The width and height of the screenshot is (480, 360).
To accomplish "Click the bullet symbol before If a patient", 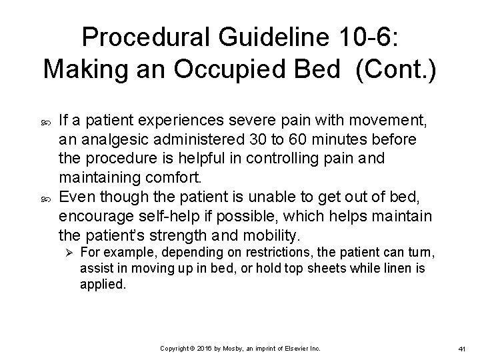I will [45, 121].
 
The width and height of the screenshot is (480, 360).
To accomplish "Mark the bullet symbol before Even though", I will [45, 196].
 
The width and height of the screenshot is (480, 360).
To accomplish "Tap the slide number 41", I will [463, 349].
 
